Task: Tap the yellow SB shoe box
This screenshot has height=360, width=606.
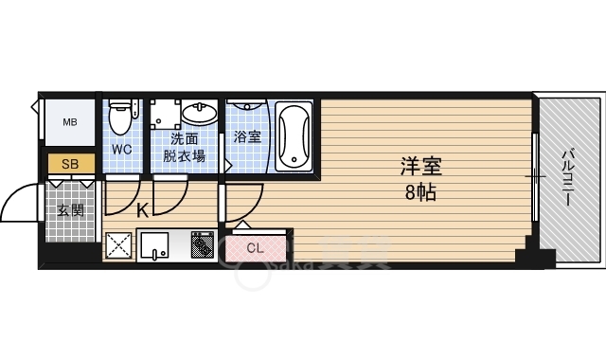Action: [x=70, y=164]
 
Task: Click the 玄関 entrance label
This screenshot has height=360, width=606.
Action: [x=70, y=209]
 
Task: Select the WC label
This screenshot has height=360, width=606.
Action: [x=122, y=150]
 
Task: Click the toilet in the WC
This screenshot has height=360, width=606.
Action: [x=120, y=118]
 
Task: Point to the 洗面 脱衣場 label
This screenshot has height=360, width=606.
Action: [x=184, y=149]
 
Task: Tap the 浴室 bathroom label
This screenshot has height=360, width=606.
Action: [x=247, y=136]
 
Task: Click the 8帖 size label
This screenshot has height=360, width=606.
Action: [x=420, y=191]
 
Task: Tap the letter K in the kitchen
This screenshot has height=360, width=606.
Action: [x=141, y=210]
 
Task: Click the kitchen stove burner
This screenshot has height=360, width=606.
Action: [x=202, y=245]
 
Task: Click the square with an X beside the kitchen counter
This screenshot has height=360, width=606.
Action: [x=119, y=245]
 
